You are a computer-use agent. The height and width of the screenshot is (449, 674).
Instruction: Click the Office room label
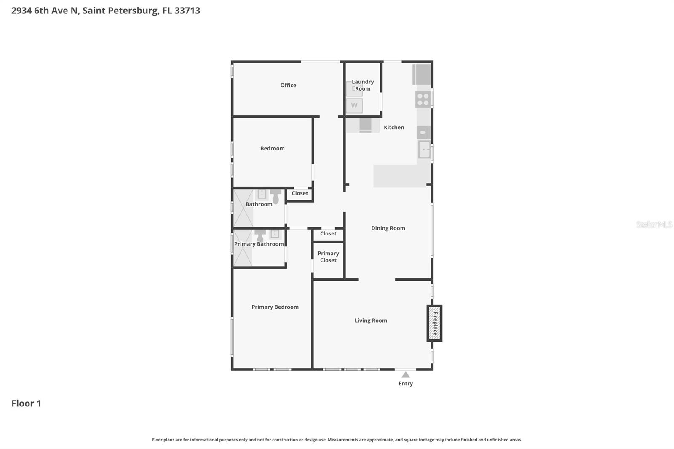(288, 85)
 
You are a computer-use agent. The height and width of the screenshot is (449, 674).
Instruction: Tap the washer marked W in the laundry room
(354, 106)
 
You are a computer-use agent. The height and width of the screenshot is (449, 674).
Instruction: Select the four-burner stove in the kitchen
(423, 99)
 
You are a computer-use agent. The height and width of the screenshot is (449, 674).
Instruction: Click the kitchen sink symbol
(424, 150)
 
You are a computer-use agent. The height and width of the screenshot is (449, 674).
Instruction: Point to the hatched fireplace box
(434, 323)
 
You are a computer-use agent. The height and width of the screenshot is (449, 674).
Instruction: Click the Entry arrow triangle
(405, 374)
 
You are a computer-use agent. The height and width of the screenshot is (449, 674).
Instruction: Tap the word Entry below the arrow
(405, 383)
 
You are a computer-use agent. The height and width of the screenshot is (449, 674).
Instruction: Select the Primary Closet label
(328, 257)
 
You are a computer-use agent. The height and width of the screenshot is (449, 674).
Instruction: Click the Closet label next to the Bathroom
(300, 193)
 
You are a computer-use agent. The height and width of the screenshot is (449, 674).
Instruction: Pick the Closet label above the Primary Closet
(328, 233)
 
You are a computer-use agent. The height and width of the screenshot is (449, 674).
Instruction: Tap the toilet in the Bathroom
(275, 196)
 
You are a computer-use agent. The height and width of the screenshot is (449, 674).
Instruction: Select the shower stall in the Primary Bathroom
(243, 248)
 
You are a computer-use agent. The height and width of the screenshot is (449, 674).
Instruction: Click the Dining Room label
(388, 228)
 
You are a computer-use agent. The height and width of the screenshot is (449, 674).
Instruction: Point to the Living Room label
(371, 321)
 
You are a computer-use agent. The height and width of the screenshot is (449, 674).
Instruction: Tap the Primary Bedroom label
(275, 307)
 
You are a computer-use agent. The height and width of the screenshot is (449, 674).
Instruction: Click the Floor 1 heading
(26, 403)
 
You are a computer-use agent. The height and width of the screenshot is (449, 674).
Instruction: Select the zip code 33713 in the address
(187, 11)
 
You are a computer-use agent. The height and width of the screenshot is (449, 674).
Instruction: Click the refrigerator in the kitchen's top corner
(422, 74)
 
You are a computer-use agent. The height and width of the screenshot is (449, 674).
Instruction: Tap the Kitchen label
(393, 127)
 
